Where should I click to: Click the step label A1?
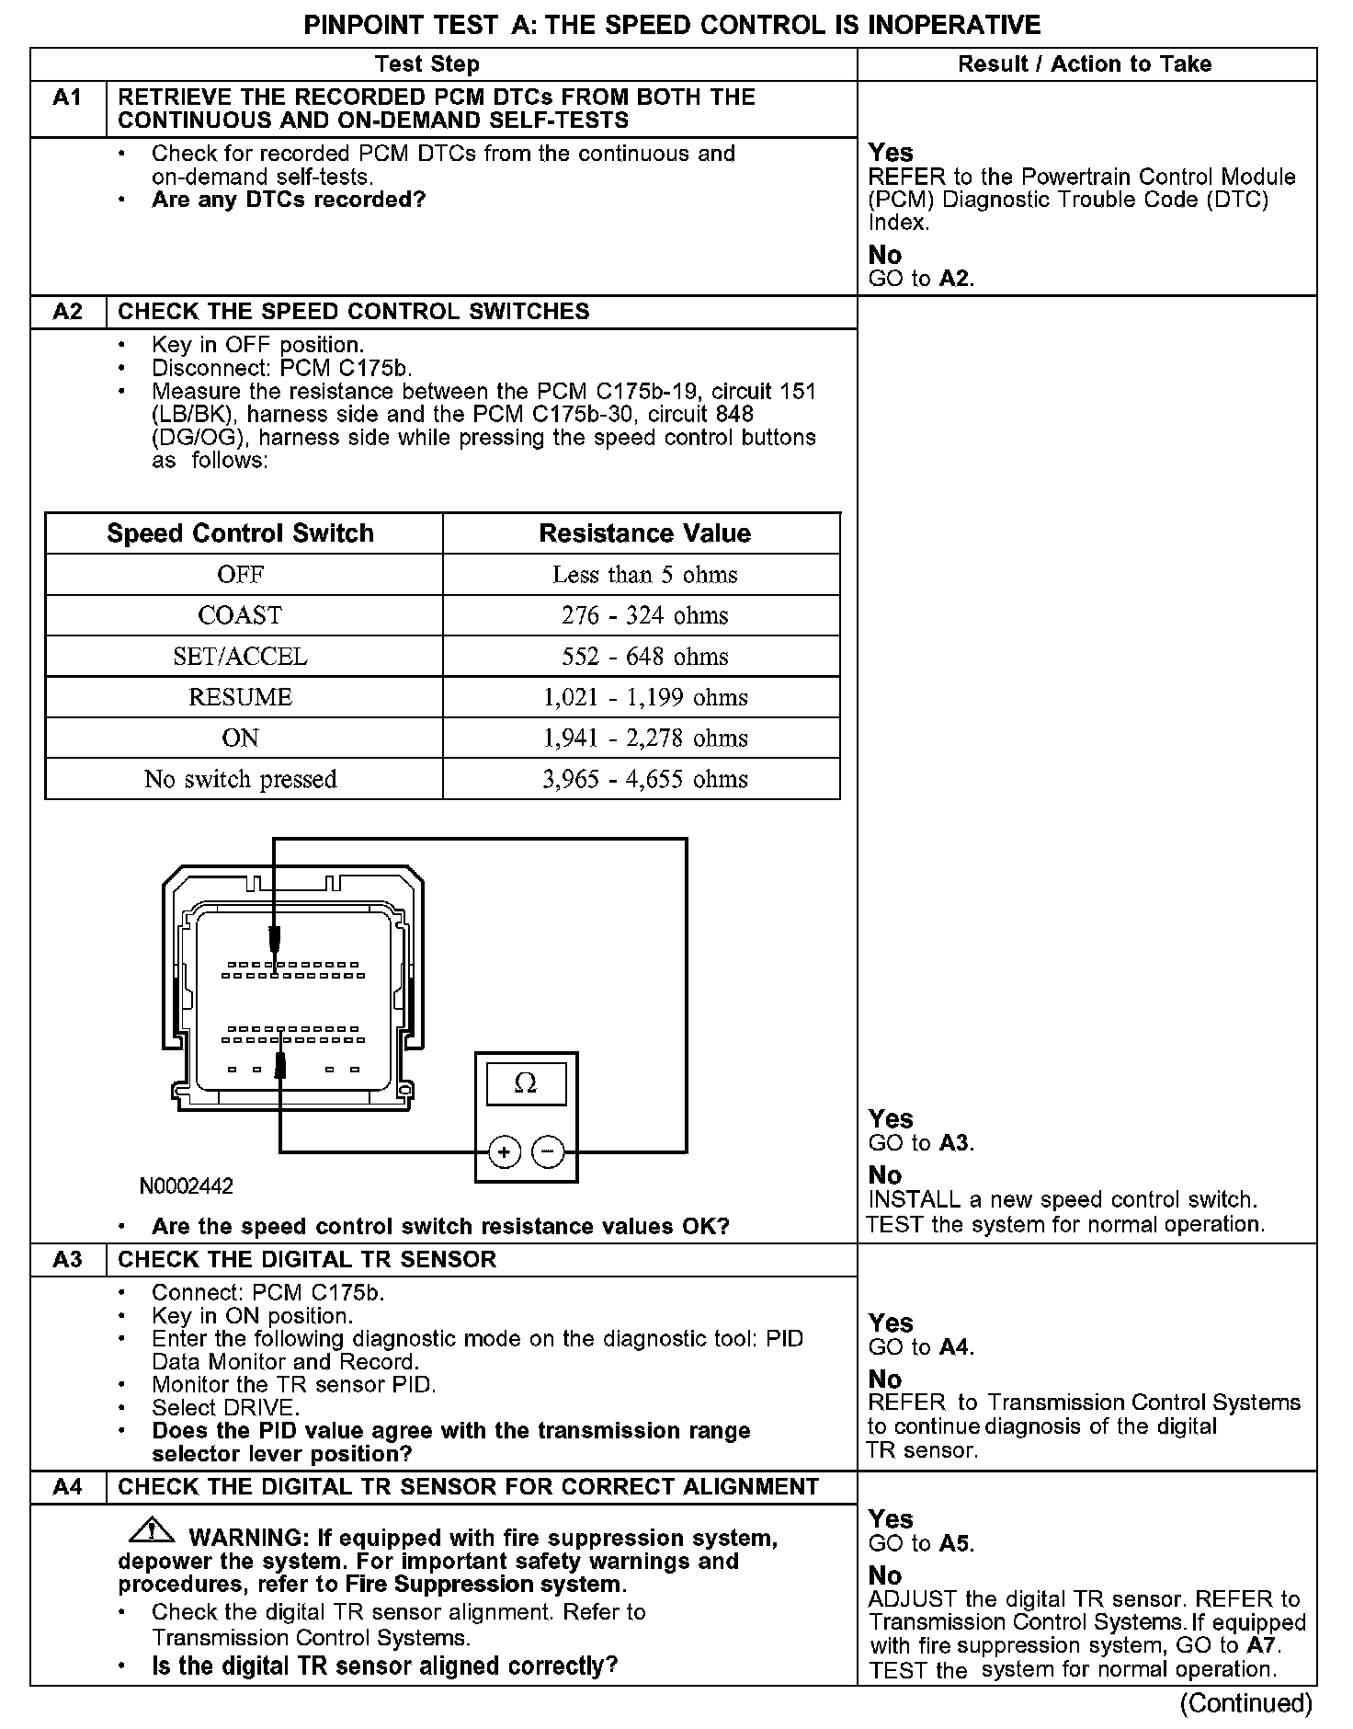tap(68, 97)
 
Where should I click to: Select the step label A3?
tap(68, 1259)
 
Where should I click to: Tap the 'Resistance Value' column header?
tap(644, 533)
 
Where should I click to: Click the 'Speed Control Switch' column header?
tap(241, 533)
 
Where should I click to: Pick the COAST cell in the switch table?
tap(240, 615)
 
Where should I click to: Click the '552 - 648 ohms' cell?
tap(644, 657)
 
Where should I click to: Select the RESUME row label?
tap(240, 697)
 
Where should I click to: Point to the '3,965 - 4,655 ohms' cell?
tap(644, 779)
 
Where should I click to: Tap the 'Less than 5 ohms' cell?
tap(644, 575)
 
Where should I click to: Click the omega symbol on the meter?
tap(526, 1084)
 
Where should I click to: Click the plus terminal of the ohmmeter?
tap(504, 1151)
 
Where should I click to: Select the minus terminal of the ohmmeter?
tap(549, 1151)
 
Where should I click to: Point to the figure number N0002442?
tap(187, 1186)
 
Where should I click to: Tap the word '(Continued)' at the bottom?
tap(1245, 1703)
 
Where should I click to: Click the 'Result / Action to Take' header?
tap(1085, 63)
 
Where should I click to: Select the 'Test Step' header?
tap(427, 63)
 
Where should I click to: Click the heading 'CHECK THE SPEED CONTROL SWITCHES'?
tap(354, 311)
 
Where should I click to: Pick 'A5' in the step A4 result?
tap(956, 1544)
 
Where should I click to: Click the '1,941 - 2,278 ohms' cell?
tap(644, 739)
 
